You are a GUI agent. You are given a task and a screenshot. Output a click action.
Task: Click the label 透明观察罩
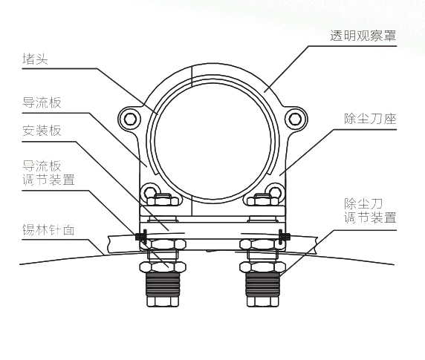pyautogui.click(x=363, y=36)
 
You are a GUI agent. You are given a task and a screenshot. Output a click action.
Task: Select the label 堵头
pyautogui.click(x=35, y=59)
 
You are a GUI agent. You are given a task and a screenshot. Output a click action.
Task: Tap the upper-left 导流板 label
pyautogui.click(x=42, y=102)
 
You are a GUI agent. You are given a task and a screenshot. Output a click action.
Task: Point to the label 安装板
pyautogui.click(x=42, y=131)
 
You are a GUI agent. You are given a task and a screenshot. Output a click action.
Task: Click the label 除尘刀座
pyautogui.click(x=370, y=119)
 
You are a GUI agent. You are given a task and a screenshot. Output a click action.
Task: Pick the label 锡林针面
pyautogui.click(x=48, y=230)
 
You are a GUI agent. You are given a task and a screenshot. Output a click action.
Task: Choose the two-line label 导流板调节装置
pyautogui.click(x=48, y=173)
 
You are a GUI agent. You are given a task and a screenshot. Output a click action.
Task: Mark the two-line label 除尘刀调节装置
pyautogui.click(x=370, y=211)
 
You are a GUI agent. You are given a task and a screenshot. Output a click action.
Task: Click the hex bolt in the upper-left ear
pyautogui.click(x=130, y=119)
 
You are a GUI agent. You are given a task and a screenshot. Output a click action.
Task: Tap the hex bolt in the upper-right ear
pyautogui.click(x=295, y=119)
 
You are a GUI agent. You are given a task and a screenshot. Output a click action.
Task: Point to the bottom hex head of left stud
pyautogui.click(x=163, y=301)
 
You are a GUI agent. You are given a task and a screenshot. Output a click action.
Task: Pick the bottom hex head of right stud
pyautogui.click(x=262, y=301)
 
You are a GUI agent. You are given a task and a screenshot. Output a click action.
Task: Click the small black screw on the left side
pyautogui.click(x=141, y=236)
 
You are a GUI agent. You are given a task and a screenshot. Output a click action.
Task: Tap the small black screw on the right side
pyautogui.click(x=284, y=236)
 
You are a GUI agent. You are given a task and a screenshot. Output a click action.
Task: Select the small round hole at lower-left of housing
pyautogui.click(x=149, y=192)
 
